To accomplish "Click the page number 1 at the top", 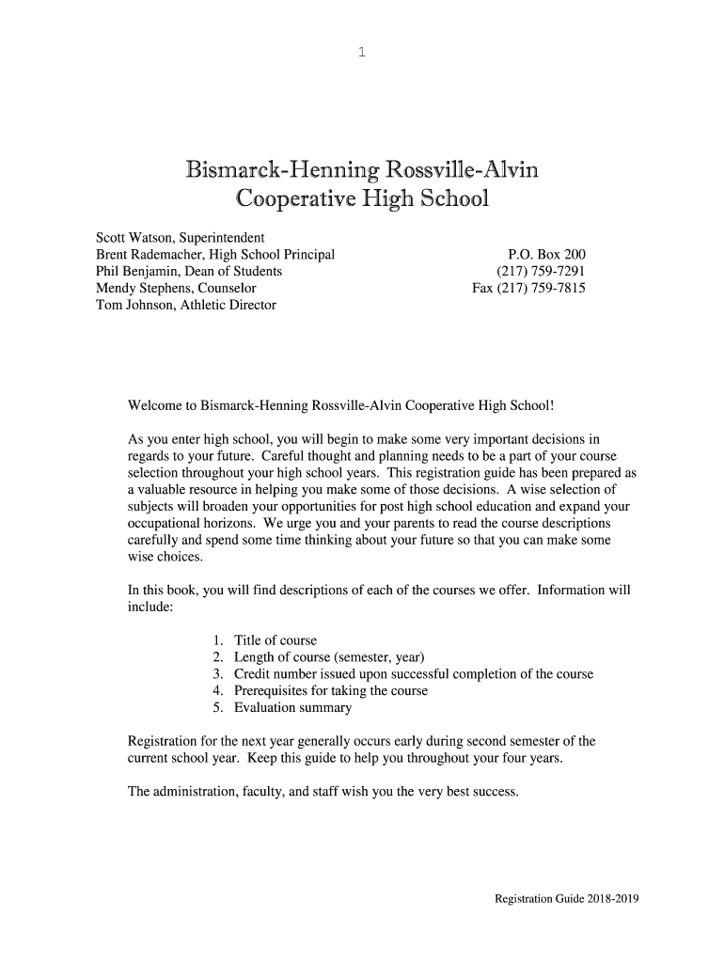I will [362, 54].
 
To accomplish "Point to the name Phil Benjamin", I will [134, 272].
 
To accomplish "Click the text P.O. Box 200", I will [546, 255].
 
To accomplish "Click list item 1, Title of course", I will [275, 640].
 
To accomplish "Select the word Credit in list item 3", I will [254, 674].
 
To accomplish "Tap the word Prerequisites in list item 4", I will [275, 691].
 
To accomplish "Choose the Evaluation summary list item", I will [292, 708].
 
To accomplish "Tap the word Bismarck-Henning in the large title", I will [282, 171].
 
